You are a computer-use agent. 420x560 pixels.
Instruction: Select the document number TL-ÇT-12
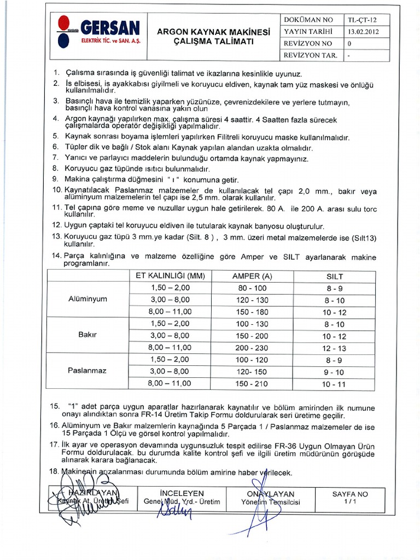tap(361, 19)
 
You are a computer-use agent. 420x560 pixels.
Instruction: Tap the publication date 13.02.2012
tap(361, 31)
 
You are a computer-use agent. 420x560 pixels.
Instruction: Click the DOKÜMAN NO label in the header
tap(308, 19)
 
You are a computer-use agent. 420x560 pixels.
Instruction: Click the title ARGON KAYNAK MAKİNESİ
tap(213, 32)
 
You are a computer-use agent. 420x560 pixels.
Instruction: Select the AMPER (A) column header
tap(252, 276)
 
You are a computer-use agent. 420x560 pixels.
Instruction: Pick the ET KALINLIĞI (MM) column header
tap(170, 276)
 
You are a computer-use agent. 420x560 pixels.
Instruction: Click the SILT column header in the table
tap(334, 276)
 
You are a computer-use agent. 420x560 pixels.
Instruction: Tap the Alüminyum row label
tap(87, 299)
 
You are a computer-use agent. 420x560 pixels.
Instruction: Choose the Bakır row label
tap(87, 335)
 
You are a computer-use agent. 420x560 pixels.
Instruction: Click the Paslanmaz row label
tap(87, 371)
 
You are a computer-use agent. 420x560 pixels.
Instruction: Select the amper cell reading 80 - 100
tap(252, 288)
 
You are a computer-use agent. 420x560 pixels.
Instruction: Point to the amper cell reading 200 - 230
tap(252, 348)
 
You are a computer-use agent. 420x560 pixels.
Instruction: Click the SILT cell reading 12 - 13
tap(334, 348)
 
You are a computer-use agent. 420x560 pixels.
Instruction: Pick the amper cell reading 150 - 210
tap(252, 384)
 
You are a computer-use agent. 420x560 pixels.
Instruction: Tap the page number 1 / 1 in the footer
tap(350, 501)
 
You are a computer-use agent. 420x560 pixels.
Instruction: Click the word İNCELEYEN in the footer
tap(182, 493)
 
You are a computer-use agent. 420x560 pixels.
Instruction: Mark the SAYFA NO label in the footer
tap(350, 494)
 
